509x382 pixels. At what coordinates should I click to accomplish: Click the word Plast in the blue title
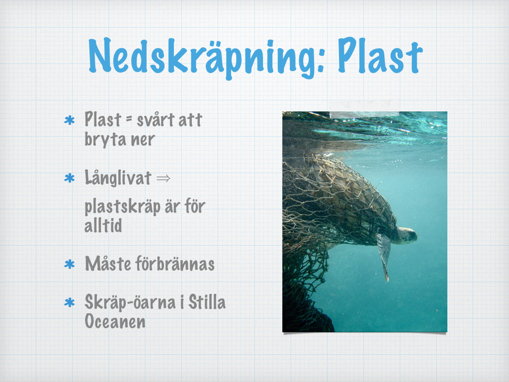[380, 55]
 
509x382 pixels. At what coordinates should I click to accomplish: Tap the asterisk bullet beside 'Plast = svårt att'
[70, 120]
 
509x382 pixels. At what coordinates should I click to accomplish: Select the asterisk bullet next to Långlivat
[70, 179]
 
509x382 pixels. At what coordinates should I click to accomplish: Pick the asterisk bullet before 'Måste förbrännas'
[70, 264]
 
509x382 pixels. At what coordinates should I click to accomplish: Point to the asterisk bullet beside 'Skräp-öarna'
[70, 303]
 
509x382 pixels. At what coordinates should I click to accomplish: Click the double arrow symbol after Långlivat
[163, 179]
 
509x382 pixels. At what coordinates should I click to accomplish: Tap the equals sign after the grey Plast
[129, 119]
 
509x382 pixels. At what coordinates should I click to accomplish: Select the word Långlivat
[118, 178]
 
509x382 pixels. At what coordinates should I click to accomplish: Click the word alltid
[103, 225]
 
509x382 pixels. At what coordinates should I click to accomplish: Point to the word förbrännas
[174, 263]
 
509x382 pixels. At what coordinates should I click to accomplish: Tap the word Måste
[108, 264]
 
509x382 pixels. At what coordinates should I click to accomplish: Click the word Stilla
[207, 302]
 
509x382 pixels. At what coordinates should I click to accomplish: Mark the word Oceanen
[115, 322]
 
